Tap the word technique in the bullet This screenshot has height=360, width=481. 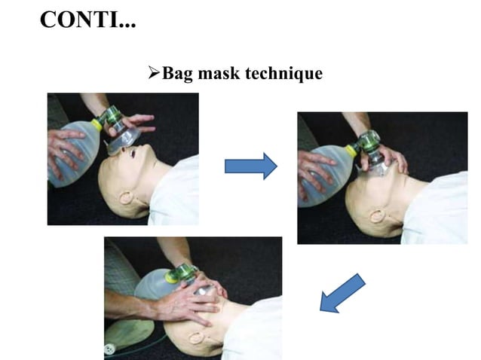[286, 74]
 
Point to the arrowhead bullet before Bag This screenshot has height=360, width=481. [151, 74]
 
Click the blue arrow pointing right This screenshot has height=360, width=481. [250, 165]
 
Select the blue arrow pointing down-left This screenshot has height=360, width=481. [342, 292]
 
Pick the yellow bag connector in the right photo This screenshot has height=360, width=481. [351, 151]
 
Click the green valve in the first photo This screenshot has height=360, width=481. [112, 117]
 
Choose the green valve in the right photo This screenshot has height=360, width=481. [369, 141]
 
